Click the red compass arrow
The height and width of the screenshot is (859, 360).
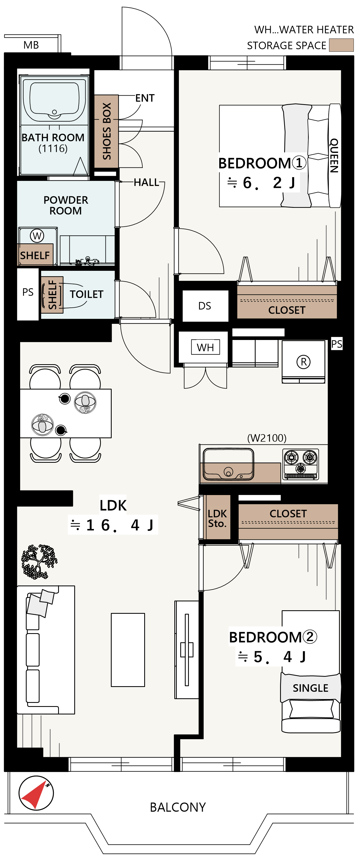(33, 794)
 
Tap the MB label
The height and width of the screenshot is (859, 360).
(31, 45)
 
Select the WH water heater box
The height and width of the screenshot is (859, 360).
(205, 347)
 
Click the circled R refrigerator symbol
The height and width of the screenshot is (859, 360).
(303, 362)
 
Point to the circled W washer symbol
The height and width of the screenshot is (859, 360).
(37, 236)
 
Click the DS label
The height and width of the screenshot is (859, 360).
(205, 306)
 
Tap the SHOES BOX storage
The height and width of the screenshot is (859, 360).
(106, 131)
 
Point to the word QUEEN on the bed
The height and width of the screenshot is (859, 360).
(334, 155)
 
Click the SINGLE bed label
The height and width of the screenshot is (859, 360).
(310, 688)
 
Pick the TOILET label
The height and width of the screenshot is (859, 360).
(86, 294)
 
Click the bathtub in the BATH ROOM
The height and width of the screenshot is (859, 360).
(54, 100)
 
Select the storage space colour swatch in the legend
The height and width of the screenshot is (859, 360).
(341, 45)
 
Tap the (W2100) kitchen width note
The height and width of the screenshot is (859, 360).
(267, 438)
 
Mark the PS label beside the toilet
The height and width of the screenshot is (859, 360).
(28, 292)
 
